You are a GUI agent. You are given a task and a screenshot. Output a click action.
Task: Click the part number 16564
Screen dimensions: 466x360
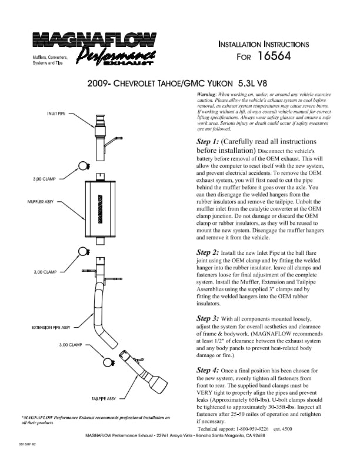(x=275, y=57)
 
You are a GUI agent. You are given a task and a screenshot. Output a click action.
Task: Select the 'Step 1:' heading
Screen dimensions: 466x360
(x=208, y=142)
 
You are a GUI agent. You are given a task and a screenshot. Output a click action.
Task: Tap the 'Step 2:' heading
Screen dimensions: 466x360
(x=208, y=252)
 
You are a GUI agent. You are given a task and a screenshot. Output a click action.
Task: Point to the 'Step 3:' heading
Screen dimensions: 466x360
(x=208, y=318)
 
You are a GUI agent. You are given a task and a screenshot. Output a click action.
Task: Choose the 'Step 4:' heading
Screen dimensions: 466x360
(x=208, y=370)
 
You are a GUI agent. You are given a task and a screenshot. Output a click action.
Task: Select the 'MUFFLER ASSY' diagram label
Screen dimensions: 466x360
(x=41, y=202)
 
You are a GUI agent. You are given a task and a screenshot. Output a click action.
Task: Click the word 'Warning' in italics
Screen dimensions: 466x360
(x=205, y=95)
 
